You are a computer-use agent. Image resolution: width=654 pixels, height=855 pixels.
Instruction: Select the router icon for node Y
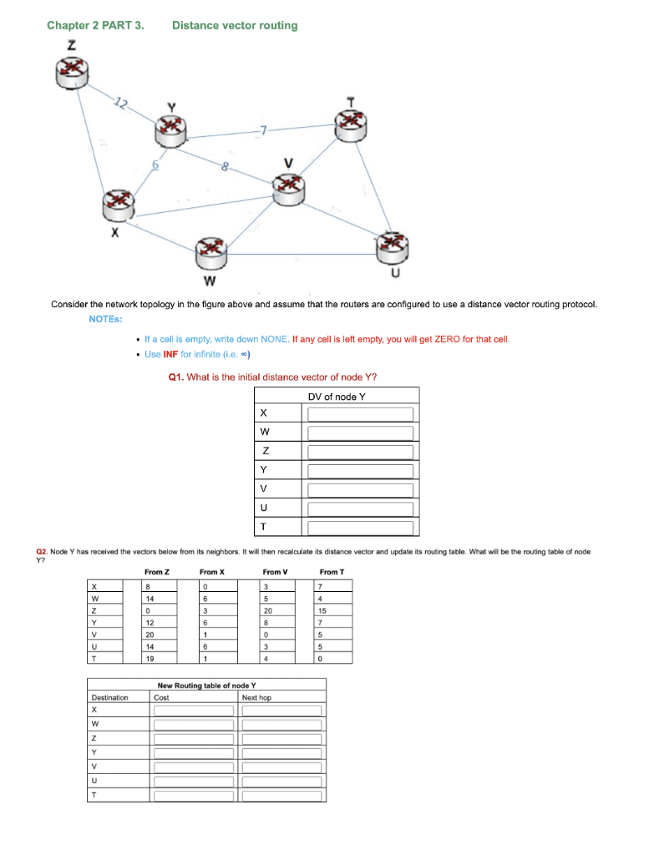[x=171, y=129]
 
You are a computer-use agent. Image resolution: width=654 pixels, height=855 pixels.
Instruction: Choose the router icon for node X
[x=117, y=204]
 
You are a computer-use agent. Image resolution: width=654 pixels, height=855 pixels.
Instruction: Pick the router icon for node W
[x=210, y=250]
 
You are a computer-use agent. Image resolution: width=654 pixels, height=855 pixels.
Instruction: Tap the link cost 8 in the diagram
[x=225, y=168]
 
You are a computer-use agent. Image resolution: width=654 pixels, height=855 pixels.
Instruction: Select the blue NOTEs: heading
[x=106, y=319]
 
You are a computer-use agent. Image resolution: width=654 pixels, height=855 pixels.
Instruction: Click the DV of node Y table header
[x=336, y=397]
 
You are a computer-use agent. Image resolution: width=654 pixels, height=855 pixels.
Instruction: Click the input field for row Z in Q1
[x=361, y=452]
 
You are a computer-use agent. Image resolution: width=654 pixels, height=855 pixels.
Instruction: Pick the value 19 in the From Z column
[x=150, y=658]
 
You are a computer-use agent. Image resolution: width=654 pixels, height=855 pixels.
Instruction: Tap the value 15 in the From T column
[x=322, y=611]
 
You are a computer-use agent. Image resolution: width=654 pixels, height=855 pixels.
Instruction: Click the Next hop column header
[x=255, y=697]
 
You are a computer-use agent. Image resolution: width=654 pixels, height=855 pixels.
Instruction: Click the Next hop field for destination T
[x=281, y=796]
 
